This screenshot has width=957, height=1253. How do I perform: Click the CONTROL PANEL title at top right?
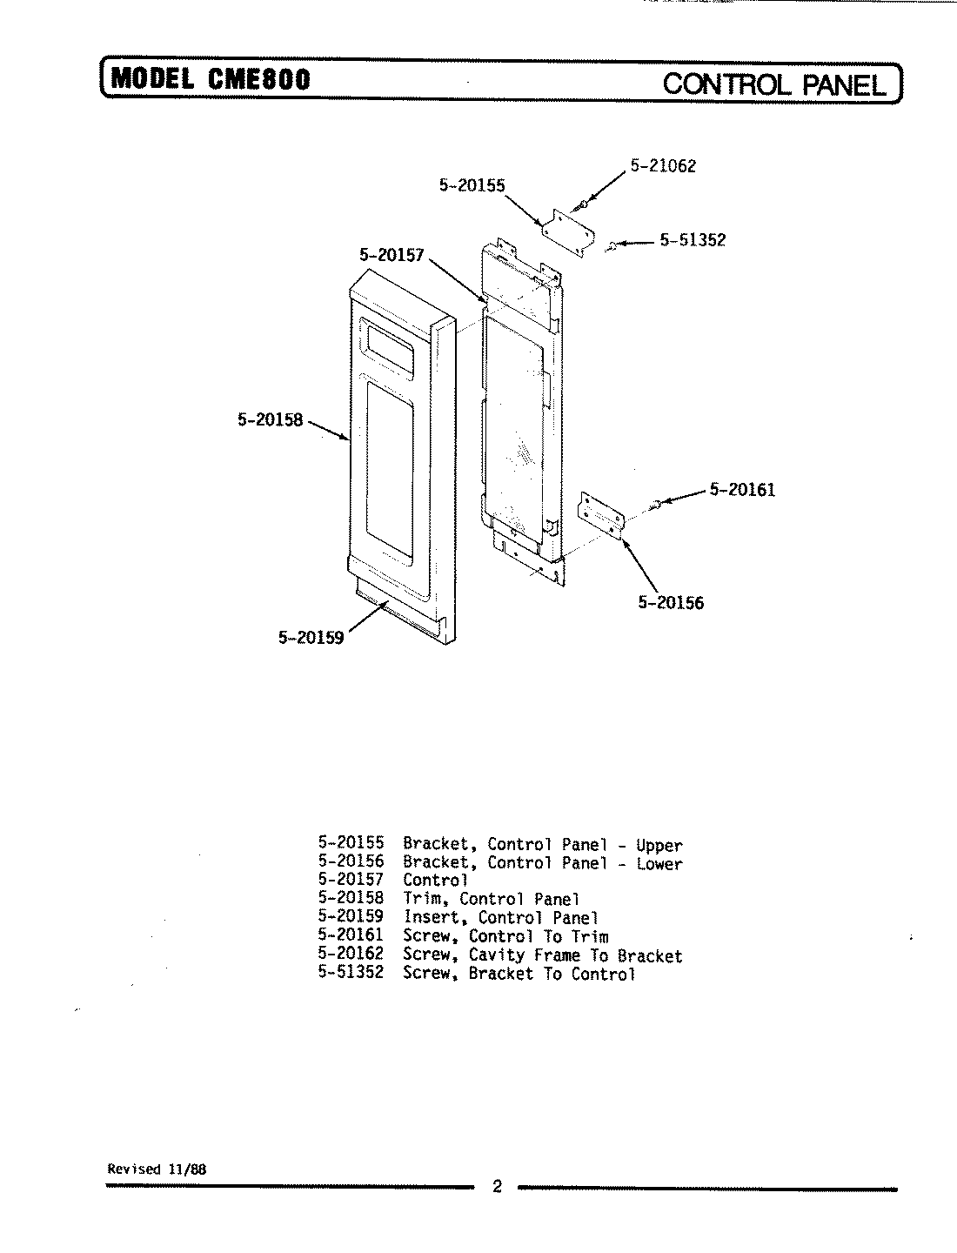[775, 84]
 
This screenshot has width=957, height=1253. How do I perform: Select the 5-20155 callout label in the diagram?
[472, 185]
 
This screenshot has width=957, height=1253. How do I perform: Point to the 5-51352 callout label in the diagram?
[693, 240]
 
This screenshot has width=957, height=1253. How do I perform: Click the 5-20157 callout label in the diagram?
[391, 255]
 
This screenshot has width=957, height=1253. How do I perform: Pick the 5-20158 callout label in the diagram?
[270, 419]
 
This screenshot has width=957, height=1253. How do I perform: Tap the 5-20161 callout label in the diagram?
[742, 490]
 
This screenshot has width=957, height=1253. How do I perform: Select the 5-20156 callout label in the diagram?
[671, 602]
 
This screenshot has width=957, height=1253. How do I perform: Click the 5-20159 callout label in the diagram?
[311, 638]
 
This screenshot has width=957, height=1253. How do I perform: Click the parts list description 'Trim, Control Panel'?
[491, 899]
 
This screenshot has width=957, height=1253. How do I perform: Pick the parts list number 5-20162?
[351, 955]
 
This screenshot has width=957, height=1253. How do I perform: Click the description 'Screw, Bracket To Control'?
[519, 974]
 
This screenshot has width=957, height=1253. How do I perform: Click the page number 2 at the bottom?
[497, 1187]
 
